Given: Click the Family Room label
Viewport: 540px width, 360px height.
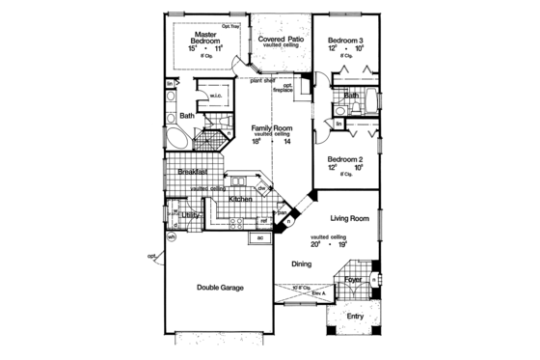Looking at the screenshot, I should pos(273,127).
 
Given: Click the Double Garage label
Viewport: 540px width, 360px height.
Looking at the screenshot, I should pos(220,288).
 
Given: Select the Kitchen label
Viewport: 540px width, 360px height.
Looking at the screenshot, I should pos(241,199).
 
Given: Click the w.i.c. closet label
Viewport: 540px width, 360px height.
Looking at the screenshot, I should pos(216,97).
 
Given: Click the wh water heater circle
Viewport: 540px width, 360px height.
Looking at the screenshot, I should pos(172,237).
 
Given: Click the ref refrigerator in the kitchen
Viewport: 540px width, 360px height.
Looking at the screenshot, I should pos(261,220).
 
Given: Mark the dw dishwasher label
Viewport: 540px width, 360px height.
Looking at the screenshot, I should pos(262,187).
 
